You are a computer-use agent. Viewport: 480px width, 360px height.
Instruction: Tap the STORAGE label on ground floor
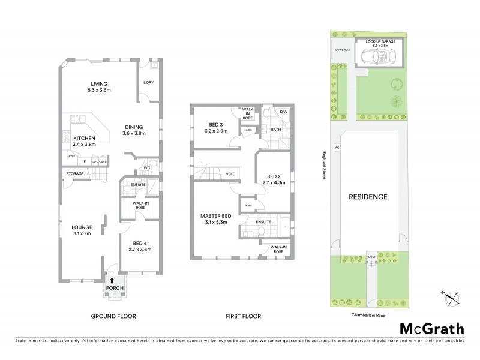[75, 174]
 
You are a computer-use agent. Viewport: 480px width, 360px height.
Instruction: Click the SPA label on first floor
[283, 112]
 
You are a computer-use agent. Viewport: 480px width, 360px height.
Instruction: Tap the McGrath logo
[432, 328]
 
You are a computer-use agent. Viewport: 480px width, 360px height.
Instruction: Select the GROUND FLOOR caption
[113, 316]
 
